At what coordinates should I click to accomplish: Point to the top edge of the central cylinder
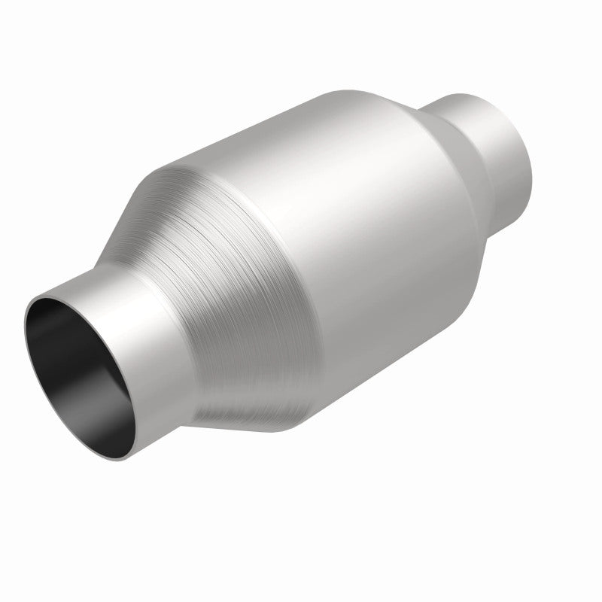tap(301, 98)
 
